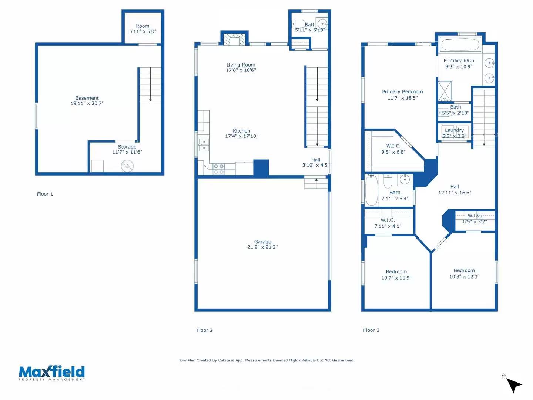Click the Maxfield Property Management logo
pos(52,373)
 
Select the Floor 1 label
pos(45,194)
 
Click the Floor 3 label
pos(371,330)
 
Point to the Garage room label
pos(262,241)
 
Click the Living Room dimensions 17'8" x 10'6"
pos(241,70)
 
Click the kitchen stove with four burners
pos(219,169)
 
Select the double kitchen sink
pos(204,145)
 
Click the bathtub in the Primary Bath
pos(460,45)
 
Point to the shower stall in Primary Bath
pos(445,91)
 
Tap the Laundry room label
pos(454,130)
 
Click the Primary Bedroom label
pos(402,91)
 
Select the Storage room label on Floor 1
pos(127,147)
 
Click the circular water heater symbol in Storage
pos(127,166)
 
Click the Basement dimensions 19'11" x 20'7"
pos(87,103)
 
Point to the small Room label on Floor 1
pos(143,26)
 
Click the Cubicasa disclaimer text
pos(266,360)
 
